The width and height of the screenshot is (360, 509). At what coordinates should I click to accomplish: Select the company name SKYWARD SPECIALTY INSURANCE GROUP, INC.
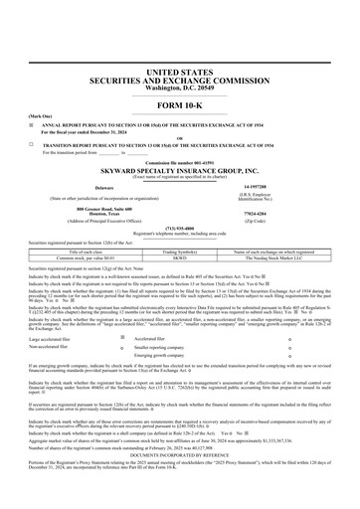point(180,171)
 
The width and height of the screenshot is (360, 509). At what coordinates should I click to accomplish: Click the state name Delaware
point(103,186)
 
